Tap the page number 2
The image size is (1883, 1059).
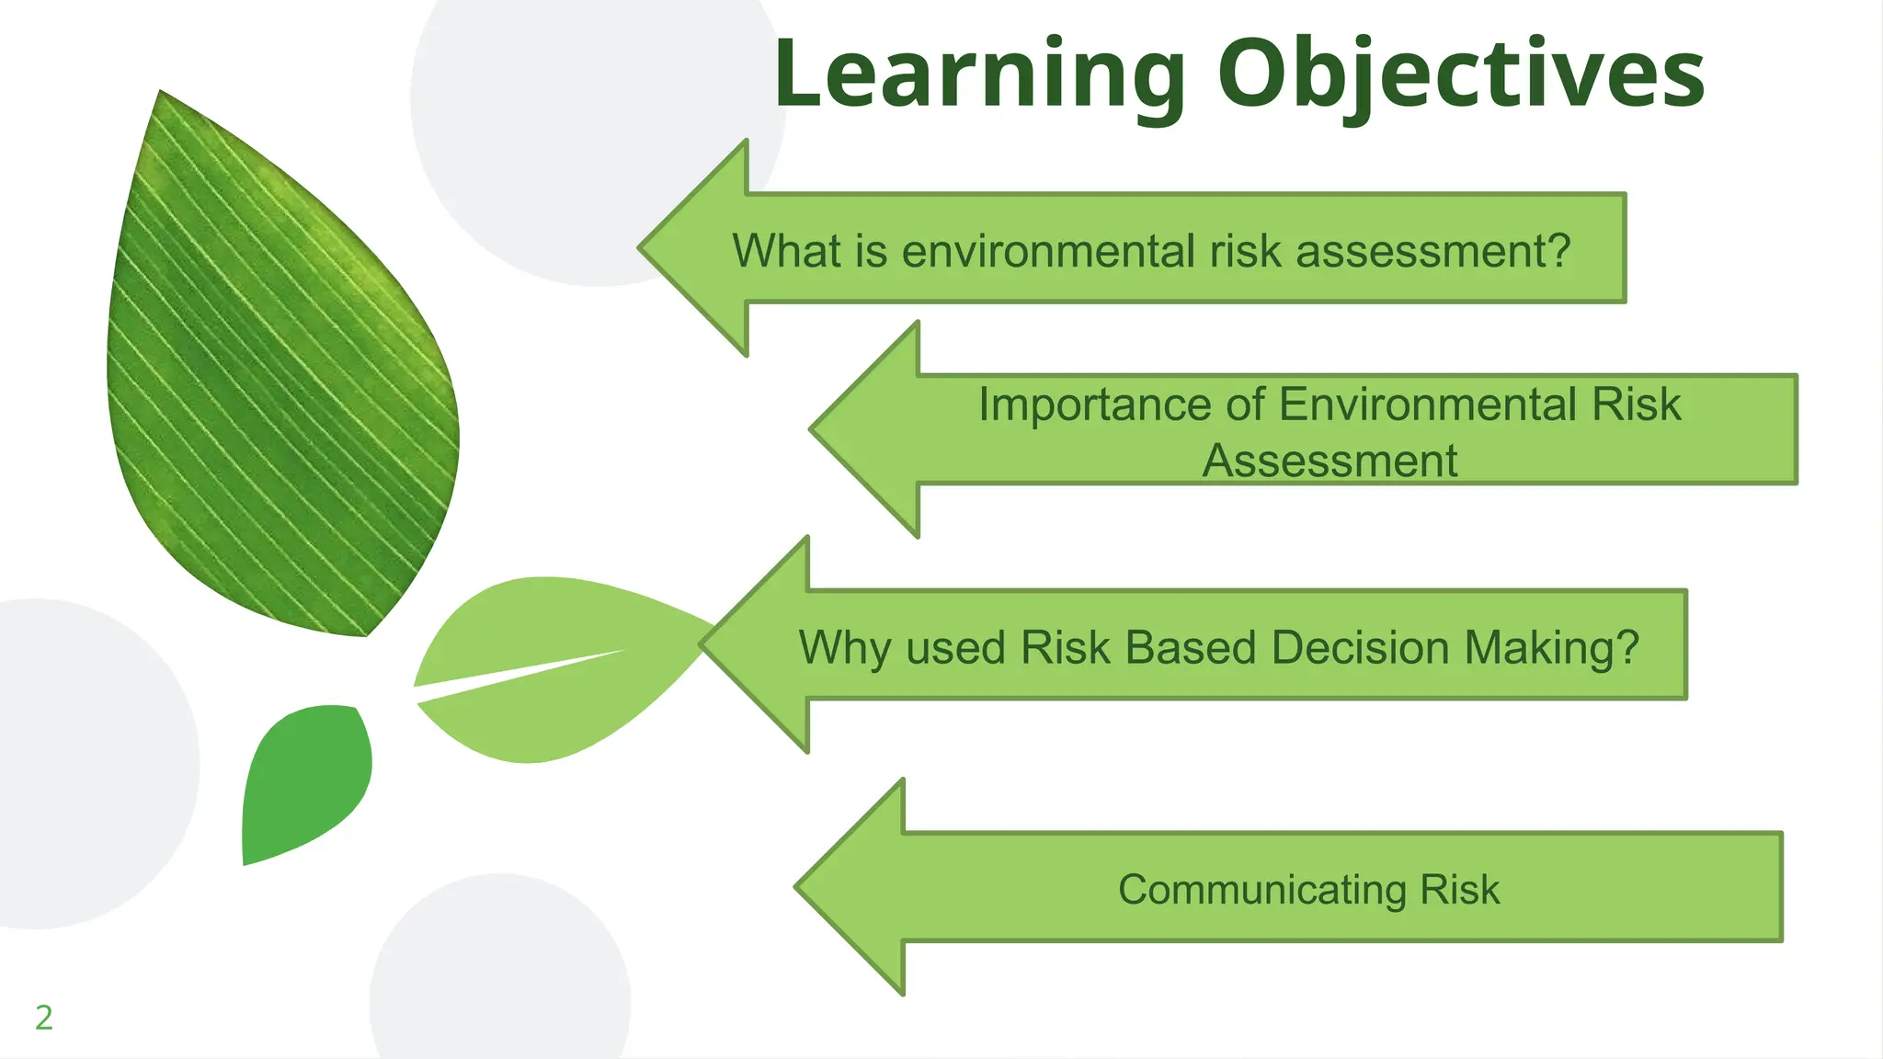click(43, 1018)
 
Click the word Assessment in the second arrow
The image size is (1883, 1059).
click(1330, 461)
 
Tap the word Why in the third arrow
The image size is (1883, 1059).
click(845, 648)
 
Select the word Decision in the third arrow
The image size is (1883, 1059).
click(1360, 647)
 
